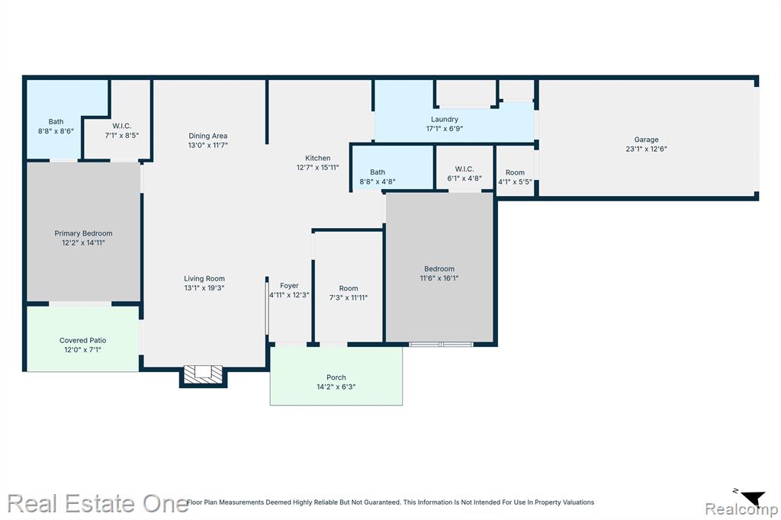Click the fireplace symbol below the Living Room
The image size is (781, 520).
tap(203, 374)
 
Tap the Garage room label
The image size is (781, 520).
tap(646, 140)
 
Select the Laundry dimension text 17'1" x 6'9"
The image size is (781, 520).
tap(445, 129)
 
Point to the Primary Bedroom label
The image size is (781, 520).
tap(83, 233)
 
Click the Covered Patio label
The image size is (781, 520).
tap(82, 340)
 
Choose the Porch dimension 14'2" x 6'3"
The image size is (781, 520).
tap(336, 387)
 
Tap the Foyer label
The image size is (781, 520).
tap(289, 285)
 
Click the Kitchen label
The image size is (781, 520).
tap(318, 158)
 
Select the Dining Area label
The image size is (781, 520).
tap(207, 136)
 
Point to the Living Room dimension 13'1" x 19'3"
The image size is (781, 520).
tap(204, 288)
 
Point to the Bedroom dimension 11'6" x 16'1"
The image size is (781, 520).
tap(439, 278)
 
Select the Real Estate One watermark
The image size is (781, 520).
tap(98, 503)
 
